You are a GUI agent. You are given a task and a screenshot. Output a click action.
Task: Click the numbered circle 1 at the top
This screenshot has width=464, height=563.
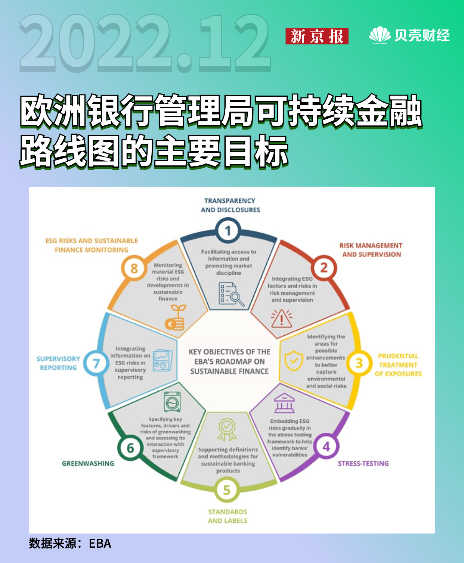click(228, 231)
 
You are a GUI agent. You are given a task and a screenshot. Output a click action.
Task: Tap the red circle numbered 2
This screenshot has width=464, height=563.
click(324, 268)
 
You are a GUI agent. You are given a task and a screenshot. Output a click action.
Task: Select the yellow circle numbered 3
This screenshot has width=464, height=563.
click(359, 363)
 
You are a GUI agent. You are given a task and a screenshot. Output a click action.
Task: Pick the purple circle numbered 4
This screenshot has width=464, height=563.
click(326, 447)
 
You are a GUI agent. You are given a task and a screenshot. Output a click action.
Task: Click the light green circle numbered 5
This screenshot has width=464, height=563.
click(227, 490)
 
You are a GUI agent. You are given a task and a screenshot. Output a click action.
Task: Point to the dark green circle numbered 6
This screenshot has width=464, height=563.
click(130, 448)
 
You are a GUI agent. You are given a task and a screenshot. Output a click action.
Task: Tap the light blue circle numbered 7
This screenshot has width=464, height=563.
click(96, 364)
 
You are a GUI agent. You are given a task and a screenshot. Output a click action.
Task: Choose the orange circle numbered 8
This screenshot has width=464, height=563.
click(134, 268)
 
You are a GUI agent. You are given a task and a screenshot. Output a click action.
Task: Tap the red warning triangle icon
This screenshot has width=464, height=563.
click(282, 318)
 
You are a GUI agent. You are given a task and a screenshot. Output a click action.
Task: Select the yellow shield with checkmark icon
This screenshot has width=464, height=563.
click(294, 361)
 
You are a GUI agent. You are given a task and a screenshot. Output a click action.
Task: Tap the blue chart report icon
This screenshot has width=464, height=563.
click(163, 361)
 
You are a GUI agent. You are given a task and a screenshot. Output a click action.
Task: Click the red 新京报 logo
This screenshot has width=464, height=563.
click(317, 36)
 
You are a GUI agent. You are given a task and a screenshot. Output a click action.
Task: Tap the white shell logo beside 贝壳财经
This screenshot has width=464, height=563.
click(380, 35)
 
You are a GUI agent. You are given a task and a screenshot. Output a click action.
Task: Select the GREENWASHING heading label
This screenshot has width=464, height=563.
click(88, 464)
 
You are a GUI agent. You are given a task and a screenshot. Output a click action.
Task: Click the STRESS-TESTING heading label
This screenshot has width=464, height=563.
click(364, 464)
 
